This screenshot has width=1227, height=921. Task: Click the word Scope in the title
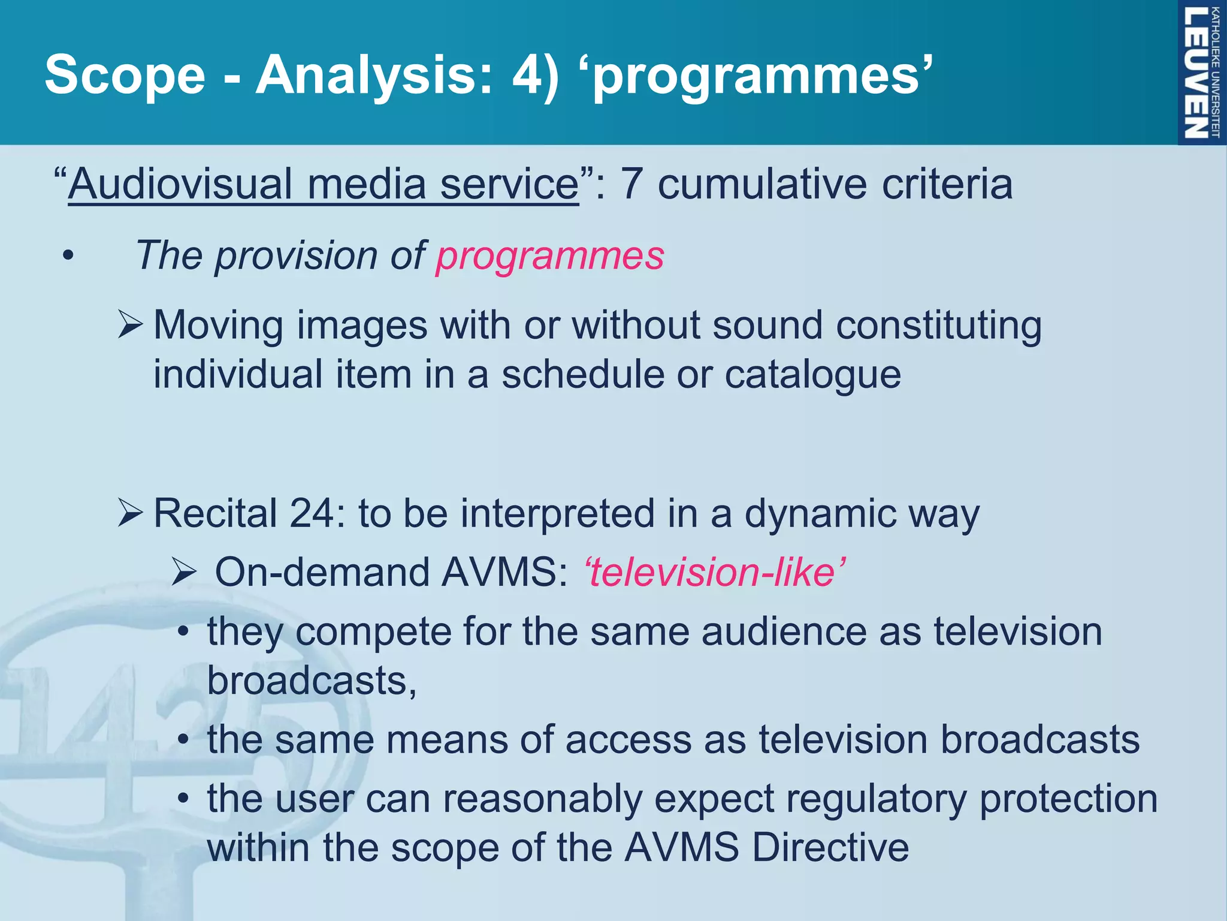(125, 74)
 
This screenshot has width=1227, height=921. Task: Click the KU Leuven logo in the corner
(1201, 72)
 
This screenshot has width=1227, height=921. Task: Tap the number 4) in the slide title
(535, 74)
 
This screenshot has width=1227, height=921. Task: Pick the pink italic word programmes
(549, 255)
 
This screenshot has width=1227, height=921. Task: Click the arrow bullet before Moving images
(130, 325)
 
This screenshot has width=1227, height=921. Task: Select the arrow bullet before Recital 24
(130, 513)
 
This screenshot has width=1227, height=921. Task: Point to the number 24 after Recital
(313, 513)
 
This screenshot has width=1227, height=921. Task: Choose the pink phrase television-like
(714, 571)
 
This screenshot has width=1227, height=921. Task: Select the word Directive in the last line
(830, 848)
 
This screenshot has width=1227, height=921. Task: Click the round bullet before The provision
(68, 257)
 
